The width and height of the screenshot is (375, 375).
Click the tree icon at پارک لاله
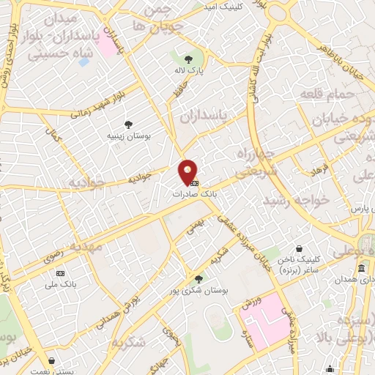[189, 60]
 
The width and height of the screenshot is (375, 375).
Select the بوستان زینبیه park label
[128, 136]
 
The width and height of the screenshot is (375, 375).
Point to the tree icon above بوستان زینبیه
[129, 125]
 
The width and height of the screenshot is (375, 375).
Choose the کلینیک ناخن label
[299, 260]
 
